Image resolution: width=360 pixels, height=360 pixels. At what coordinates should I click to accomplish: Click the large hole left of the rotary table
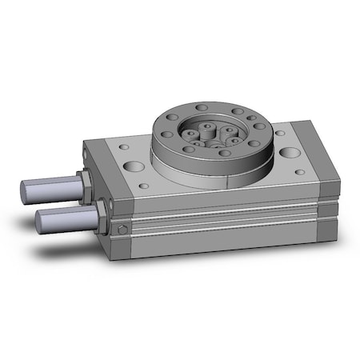(x=133, y=166)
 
